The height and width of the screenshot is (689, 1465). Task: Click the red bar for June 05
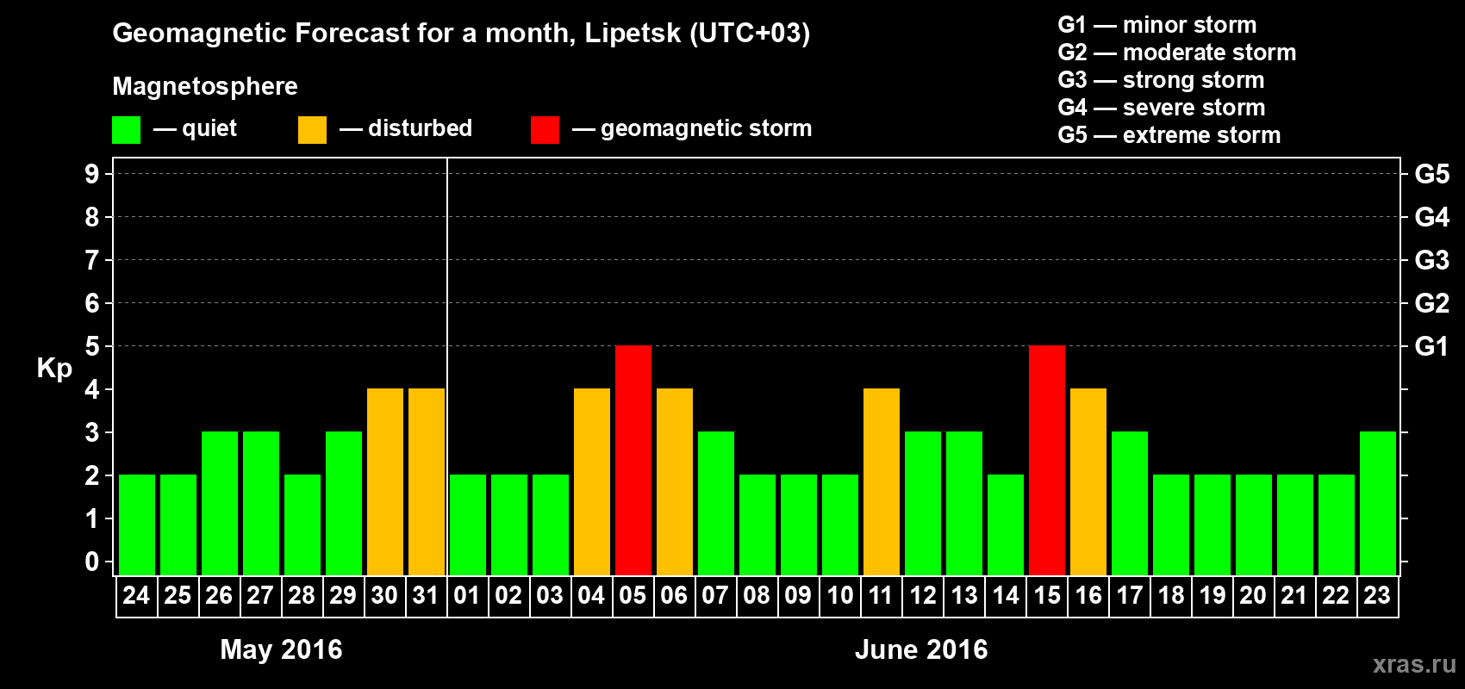[x=633, y=460]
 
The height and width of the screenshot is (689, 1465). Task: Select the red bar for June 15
[x=1047, y=460]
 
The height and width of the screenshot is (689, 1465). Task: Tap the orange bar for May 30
[x=385, y=481]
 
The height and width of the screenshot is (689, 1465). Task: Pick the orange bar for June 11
[x=882, y=481]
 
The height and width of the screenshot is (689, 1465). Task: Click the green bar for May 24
[x=137, y=525]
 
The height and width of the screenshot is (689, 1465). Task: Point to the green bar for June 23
[x=1378, y=503]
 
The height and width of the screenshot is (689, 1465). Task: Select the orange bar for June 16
[x=1088, y=481]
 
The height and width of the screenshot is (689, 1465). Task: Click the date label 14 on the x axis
[x=1006, y=596]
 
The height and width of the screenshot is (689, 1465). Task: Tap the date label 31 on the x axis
[x=426, y=596]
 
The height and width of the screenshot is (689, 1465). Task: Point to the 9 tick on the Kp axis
[x=92, y=174]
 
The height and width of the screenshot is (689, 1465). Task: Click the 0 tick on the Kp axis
[x=92, y=562]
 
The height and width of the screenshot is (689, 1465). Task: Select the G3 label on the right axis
[x=1431, y=260]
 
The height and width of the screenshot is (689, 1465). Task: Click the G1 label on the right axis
[x=1431, y=346]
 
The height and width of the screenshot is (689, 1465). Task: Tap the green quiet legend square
[x=127, y=130]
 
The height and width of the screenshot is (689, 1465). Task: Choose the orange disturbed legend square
[x=312, y=130]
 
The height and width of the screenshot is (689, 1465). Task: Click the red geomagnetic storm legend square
[x=545, y=130]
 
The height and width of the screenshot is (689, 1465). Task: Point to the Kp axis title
[x=54, y=369]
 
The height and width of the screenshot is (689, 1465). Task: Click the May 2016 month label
[x=281, y=649]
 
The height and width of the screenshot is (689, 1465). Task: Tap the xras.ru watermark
[x=1413, y=664]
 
